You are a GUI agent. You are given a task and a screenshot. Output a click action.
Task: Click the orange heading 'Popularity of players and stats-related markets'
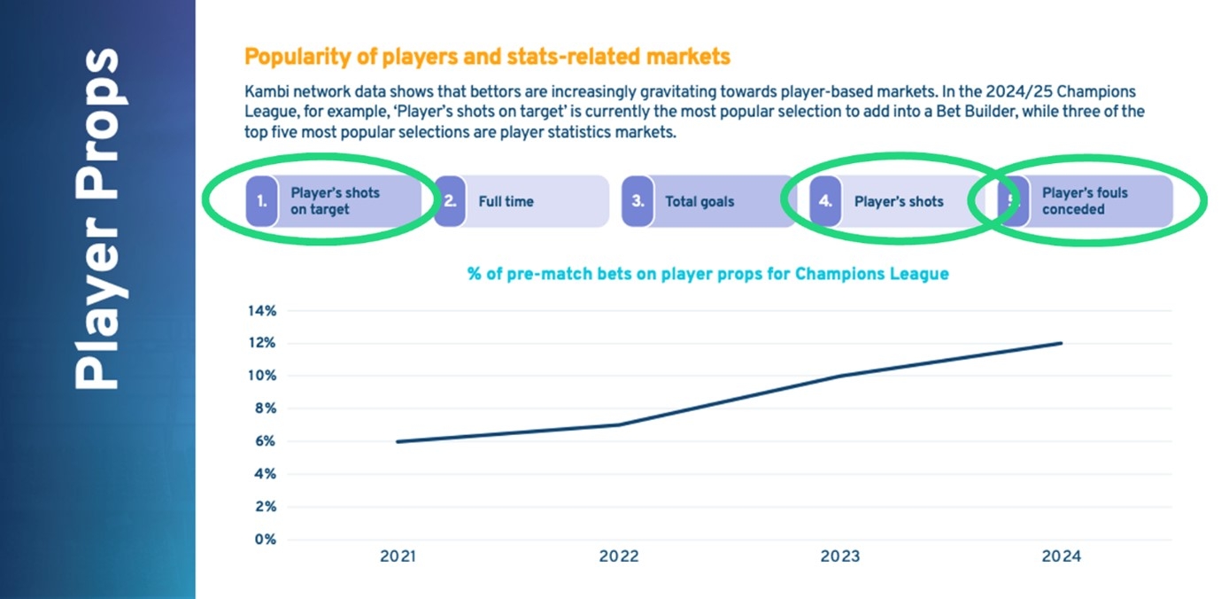click(x=487, y=58)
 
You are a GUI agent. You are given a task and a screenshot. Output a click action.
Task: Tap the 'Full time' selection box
click(x=522, y=201)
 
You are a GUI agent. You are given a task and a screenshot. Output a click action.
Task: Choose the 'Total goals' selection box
click(x=708, y=201)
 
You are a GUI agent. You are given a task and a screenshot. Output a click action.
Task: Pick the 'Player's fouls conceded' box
click(x=1085, y=201)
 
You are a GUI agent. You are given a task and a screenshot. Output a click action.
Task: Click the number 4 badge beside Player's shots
click(x=825, y=201)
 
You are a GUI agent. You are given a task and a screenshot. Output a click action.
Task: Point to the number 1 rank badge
click(x=262, y=201)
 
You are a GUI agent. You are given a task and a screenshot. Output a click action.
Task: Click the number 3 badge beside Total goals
click(x=638, y=201)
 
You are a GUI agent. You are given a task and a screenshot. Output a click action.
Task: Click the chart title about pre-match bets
click(x=707, y=274)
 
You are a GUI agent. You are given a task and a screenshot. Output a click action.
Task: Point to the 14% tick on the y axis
click(x=260, y=311)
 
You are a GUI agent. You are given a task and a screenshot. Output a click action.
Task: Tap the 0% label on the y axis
click(x=264, y=539)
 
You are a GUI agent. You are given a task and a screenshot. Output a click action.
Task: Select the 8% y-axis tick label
click(x=264, y=408)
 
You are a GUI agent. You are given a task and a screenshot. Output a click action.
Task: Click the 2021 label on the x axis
click(x=398, y=557)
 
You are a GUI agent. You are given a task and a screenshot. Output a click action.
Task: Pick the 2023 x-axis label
click(x=839, y=557)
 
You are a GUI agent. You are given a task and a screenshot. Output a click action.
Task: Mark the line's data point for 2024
click(x=1061, y=344)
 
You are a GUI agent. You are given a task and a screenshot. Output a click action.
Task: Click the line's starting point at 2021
click(x=398, y=441)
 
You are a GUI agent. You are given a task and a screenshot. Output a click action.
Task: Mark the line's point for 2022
click(x=619, y=424)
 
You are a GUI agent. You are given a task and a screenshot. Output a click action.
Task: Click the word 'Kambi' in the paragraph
click(x=265, y=91)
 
